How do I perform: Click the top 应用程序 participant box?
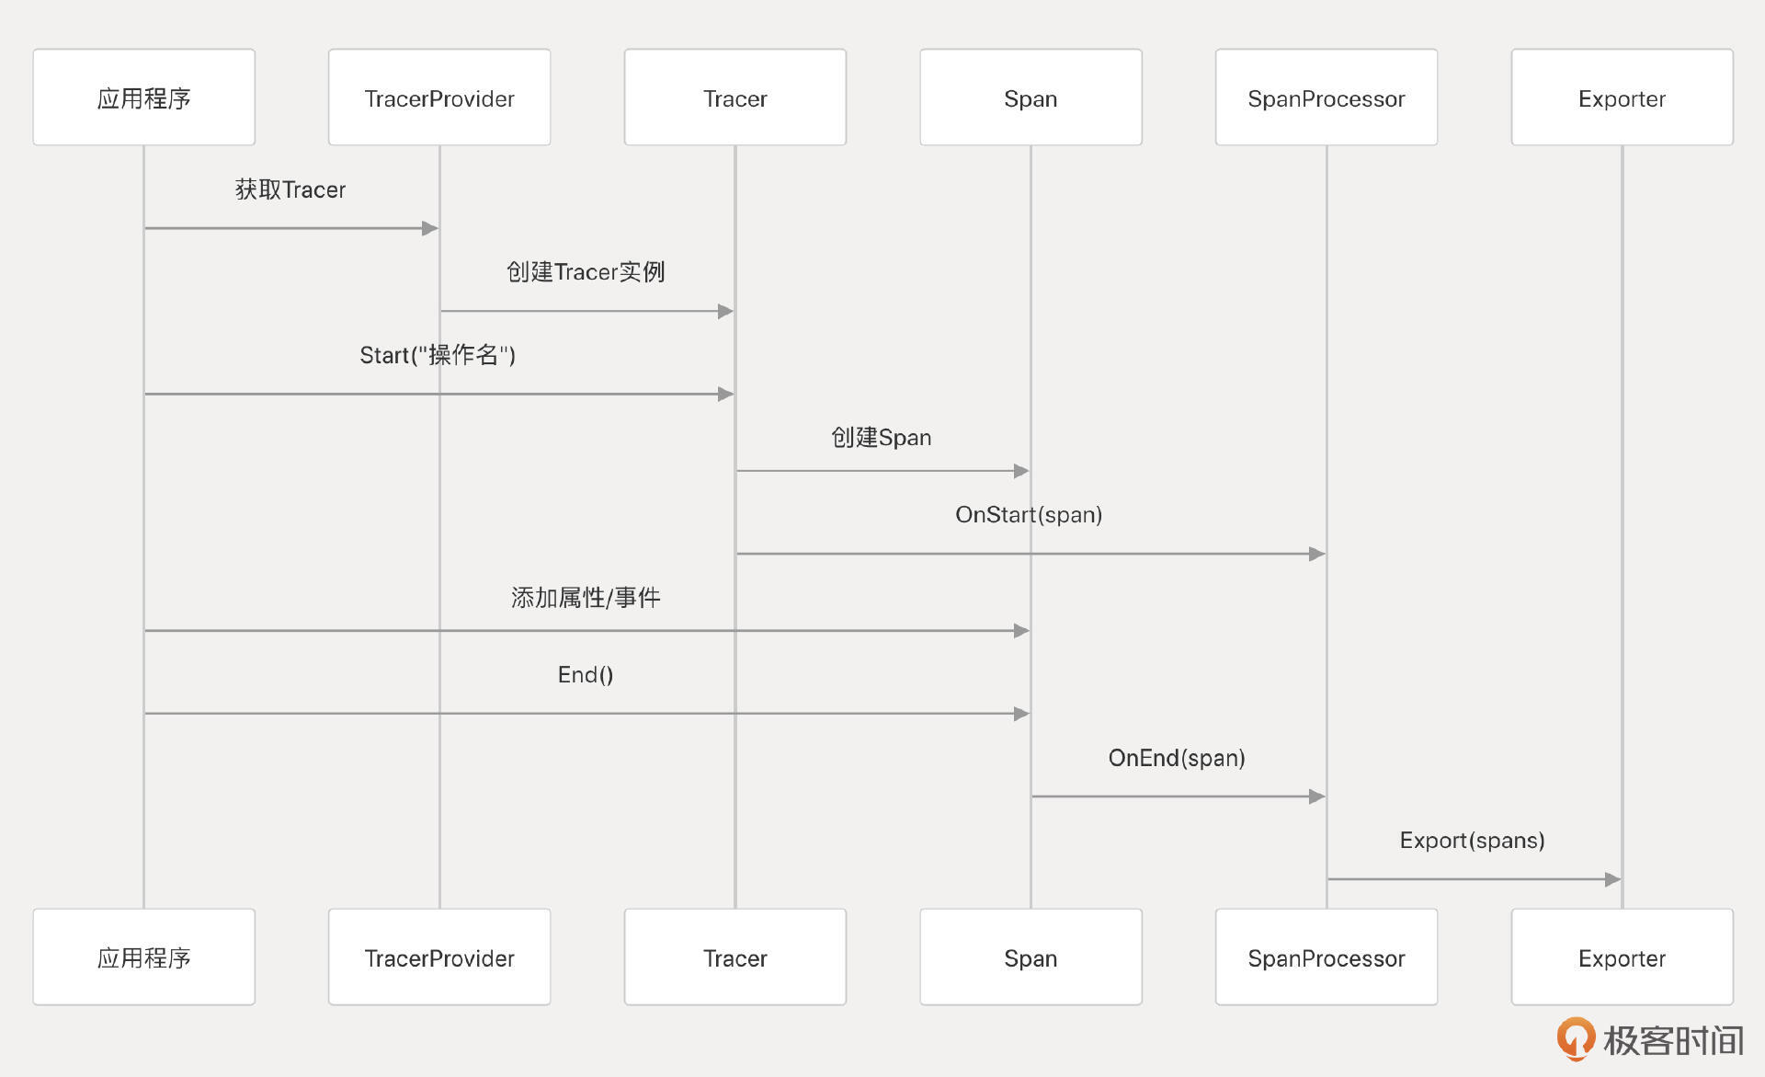[144, 97]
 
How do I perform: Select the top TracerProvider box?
[439, 97]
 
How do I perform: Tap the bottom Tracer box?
[734, 957]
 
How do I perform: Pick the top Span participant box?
[1031, 97]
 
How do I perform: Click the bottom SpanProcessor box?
[1326, 957]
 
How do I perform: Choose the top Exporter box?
[1622, 97]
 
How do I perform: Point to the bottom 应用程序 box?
[144, 957]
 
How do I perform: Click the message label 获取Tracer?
[290, 189]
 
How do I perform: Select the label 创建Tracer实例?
[586, 272]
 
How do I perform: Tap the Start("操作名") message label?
[438, 355]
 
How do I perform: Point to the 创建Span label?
[882, 438]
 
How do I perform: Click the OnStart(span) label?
[1029, 515]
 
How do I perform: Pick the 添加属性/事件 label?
[586, 598]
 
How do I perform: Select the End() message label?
[586, 675]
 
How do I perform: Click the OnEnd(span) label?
[1177, 758]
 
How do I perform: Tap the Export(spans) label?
[1472, 841]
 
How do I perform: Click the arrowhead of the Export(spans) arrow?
[1612, 879]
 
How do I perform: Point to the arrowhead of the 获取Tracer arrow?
[429, 228]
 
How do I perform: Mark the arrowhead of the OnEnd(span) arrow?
[1316, 796]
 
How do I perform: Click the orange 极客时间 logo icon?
[1576, 1038]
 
